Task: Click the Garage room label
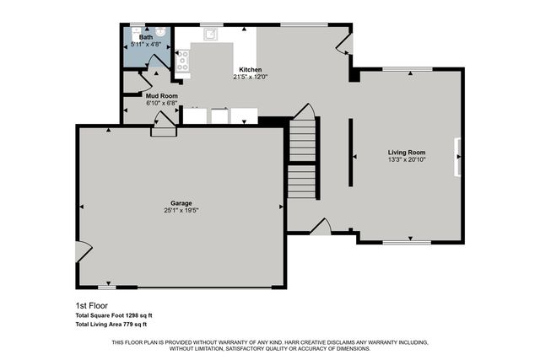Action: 181,202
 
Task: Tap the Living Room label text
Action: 407,153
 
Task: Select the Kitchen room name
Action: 251,69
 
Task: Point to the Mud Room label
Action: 162,96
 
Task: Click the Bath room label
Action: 146,38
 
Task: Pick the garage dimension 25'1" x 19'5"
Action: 181,210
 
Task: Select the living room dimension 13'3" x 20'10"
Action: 407,159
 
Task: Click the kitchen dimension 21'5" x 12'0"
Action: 251,77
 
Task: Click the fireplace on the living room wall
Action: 459,157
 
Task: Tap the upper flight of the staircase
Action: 303,140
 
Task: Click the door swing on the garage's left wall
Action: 83,250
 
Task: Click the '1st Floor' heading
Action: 92,306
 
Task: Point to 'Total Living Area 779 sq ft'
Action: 111,325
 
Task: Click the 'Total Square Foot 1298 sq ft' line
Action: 114,315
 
